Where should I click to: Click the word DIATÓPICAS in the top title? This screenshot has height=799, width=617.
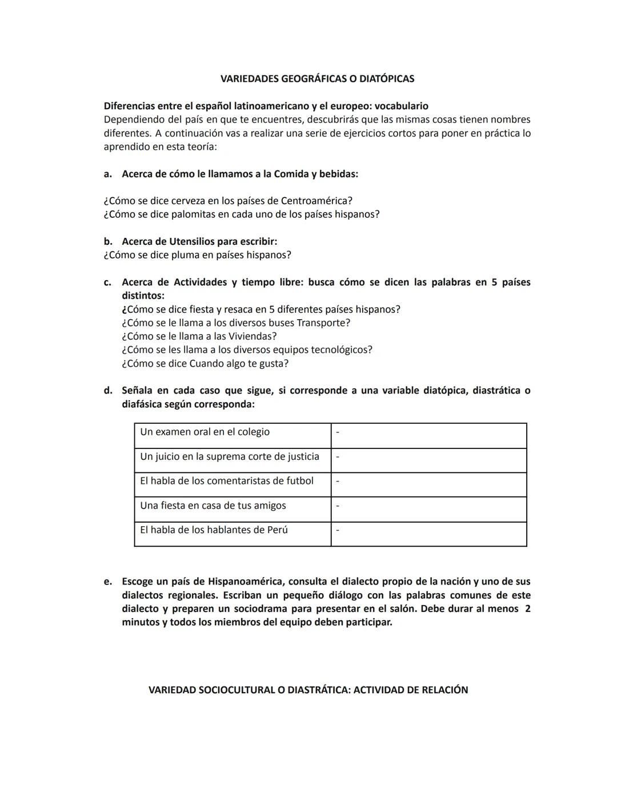[x=386, y=79]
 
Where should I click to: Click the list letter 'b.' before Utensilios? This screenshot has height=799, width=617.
[x=107, y=241]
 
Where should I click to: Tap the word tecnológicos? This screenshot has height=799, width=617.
[x=340, y=350]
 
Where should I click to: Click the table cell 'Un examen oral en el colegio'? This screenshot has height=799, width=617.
[x=205, y=432]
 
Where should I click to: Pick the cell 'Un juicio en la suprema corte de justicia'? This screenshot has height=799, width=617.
[x=230, y=457]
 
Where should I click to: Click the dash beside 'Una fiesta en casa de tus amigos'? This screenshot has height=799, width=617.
[x=338, y=506]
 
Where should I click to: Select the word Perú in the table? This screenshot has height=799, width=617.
[x=278, y=530]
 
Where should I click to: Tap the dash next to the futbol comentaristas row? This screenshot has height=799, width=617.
[x=338, y=482]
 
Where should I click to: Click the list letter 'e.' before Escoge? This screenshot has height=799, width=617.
[x=107, y=582]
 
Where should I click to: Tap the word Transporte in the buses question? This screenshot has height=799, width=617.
[x=323, y=323]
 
